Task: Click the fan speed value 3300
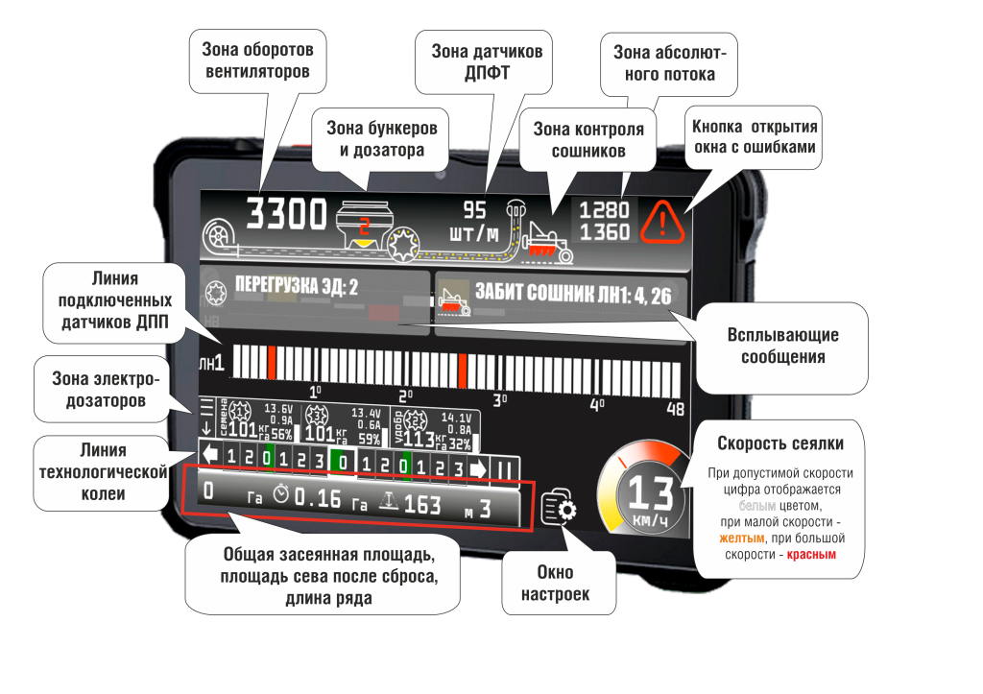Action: tap(287, 214)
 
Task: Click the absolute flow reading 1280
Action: tap(604, 210)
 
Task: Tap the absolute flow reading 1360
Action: tap(604, 232)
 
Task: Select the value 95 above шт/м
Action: tap(474, 210)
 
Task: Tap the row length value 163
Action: tap(421, 504)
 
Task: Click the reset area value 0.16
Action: tap(317, 498)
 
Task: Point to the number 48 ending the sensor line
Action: tap(675, 409)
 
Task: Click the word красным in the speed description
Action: tap(811, 555)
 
